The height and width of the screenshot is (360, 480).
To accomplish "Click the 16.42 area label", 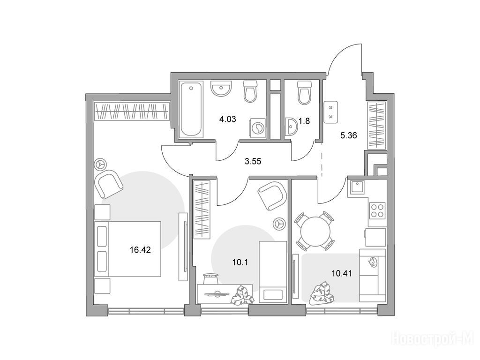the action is (140, 250).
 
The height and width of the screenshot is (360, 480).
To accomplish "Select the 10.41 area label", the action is (342, 273).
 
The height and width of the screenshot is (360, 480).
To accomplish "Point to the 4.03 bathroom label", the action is (228, 119).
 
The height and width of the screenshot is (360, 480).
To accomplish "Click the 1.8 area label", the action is (304, 121).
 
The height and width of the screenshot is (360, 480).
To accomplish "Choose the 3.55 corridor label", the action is (253, 161).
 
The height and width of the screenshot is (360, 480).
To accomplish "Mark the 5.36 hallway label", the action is (349, 135).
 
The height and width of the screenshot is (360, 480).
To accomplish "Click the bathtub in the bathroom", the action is (191, 109).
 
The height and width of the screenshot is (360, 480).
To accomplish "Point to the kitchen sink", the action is (357, 187).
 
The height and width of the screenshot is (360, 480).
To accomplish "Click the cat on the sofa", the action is (373, 262).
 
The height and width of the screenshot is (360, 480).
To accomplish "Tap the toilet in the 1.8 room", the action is (305, 92).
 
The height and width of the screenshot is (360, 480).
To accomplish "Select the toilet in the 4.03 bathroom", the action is (251, 91).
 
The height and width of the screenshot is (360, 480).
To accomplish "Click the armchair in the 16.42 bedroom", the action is (109, 185).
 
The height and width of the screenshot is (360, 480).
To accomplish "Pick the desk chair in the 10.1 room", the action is (210, 277).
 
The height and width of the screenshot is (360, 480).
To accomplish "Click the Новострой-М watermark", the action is (434, 339).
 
